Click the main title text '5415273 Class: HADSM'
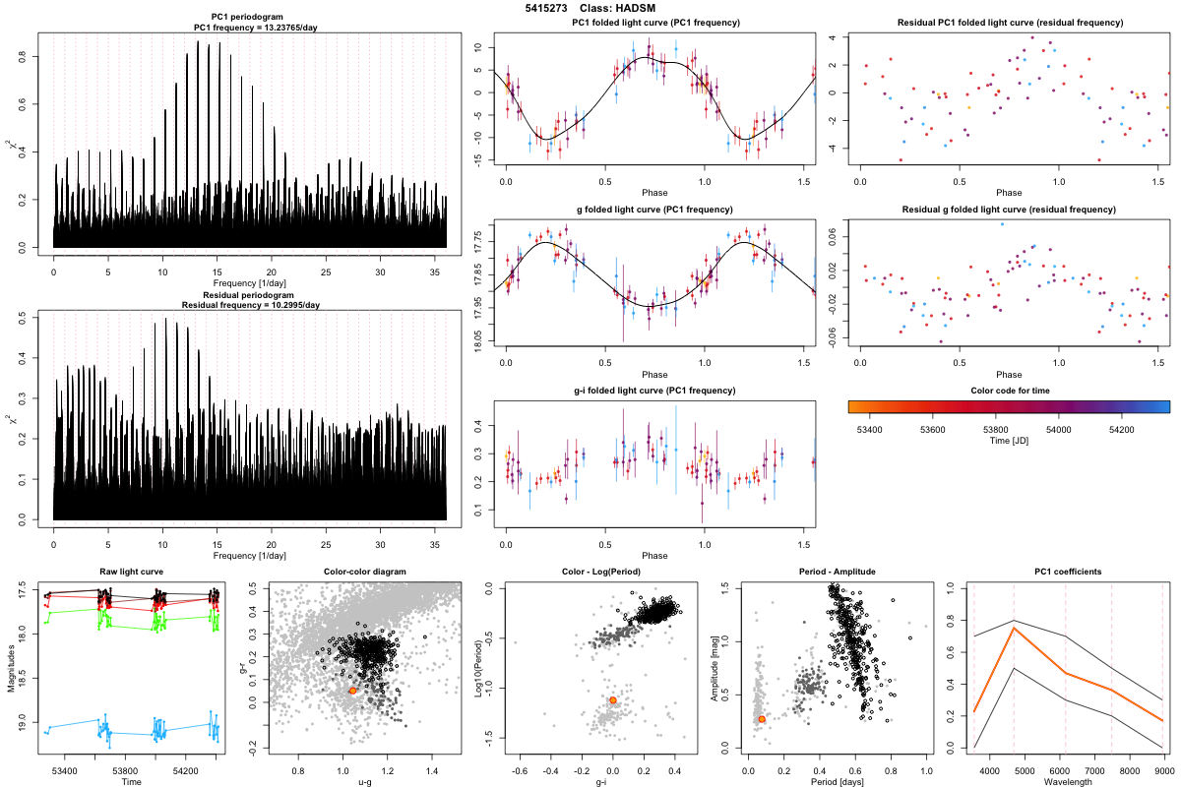click(590, 8)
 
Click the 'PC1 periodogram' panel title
click(250, 18)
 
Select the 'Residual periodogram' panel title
click(250, 294)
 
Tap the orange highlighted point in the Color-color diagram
click(352, 691)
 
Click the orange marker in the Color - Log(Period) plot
click(613, 700)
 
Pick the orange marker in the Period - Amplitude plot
click(762, 719)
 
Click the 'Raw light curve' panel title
click(132, 572)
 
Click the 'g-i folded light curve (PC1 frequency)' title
click(654, 391)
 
